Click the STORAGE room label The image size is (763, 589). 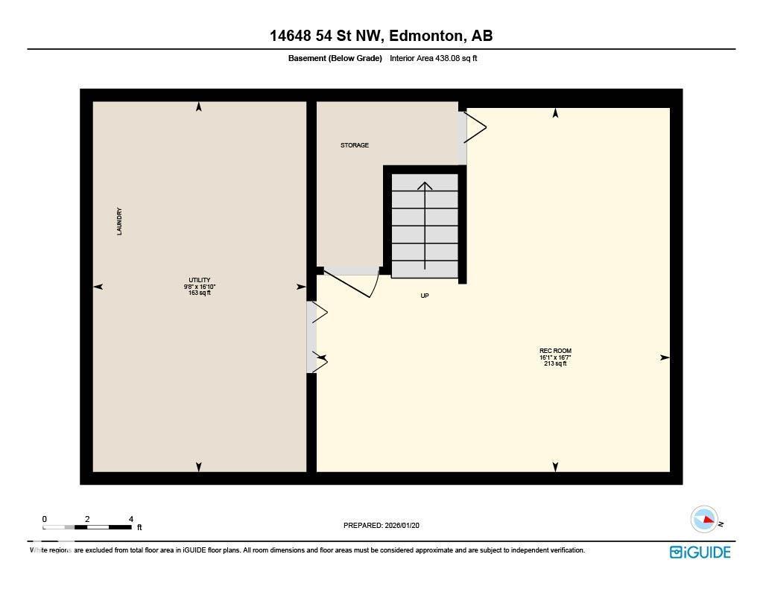[355, 145]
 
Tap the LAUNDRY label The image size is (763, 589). [119, 221]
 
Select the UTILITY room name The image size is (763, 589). [200, 280]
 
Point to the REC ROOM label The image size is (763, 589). [555, 351]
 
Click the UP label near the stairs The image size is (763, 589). [425, 296]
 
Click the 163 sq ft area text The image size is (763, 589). [200, 293]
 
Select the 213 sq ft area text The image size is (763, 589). [555, 363]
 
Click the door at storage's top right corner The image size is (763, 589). [474, 127]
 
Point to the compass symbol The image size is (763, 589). [704, 519]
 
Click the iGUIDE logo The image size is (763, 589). [700, 552]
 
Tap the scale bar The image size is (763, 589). [87, 528]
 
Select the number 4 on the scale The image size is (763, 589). [131, 519]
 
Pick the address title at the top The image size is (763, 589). [381, 36]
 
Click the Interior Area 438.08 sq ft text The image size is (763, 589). [433, 58]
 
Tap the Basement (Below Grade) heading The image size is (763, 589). [335, 58]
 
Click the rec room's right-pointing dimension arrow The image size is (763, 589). [665, 357]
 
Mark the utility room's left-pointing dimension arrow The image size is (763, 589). [98, 287]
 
